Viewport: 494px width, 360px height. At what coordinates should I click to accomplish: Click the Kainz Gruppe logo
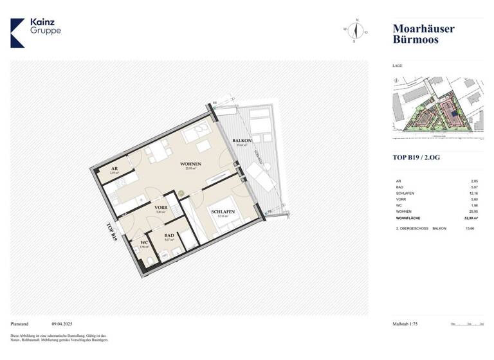coord(37,32)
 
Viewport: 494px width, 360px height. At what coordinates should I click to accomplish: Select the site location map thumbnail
coord(437,107)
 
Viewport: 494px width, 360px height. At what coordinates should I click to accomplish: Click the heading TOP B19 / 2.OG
coord(420,157)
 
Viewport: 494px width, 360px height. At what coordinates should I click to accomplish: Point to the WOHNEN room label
coord(194,164)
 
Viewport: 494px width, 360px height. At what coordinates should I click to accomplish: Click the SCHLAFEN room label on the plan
coord(223,212)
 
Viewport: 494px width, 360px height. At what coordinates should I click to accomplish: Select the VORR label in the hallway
coord(161,208)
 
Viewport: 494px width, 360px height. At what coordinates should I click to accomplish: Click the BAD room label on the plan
coord(169,235)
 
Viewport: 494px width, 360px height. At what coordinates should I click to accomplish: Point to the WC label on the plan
coord(143,242)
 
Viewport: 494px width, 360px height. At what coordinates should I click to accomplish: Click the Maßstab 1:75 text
coord(409,324)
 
